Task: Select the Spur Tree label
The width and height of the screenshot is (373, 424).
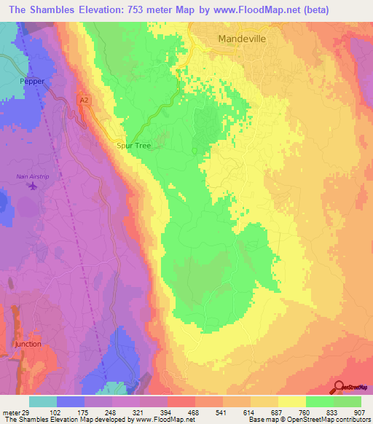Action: coord(134,146)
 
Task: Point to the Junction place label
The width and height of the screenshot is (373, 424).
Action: coord(28,342)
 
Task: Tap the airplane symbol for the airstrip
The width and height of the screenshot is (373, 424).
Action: coord(32,187)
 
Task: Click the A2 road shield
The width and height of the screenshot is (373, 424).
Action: coord(85,100)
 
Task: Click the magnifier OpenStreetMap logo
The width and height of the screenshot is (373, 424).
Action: coord(338,387)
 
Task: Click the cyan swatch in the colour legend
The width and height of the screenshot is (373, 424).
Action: coord(43,401)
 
